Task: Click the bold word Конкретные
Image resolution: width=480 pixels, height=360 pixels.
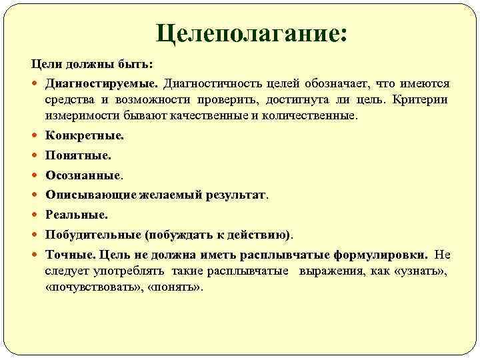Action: point(84,135)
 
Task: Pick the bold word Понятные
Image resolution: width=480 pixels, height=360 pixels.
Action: point(78,155)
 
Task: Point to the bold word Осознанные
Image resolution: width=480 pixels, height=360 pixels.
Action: point(83,175)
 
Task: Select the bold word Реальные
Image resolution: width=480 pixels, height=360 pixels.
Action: point(75,215)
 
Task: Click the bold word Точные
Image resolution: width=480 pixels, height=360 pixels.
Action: point(70,255)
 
